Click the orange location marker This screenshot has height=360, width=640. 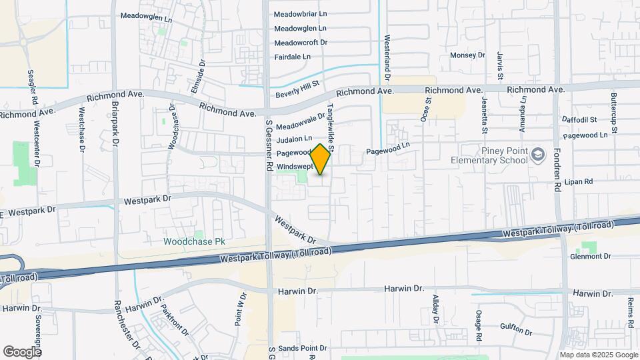point(321,159)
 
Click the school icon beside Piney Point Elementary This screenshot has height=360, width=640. point(537,155)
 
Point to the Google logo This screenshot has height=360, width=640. point(22,351)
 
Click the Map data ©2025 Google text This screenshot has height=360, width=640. point(598,355)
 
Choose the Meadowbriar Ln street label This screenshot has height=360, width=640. point(301,13)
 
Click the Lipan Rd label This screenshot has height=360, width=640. point(578,181)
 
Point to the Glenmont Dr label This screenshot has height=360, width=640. point(591,256)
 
